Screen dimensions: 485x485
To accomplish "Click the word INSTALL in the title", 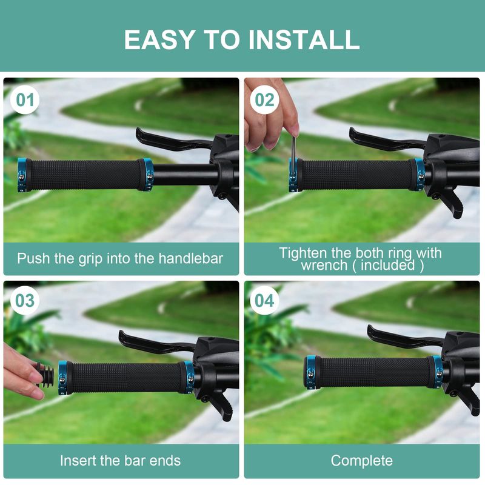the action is (304, 39).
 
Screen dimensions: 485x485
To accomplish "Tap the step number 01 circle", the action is (25, 99).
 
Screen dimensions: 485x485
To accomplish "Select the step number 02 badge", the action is (264, 99).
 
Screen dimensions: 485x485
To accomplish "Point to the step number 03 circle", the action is (25, 300).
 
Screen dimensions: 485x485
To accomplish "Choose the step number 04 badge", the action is (264, 300).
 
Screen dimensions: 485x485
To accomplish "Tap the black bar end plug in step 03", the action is (45, 375).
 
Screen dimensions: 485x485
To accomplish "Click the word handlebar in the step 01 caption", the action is (190, 259).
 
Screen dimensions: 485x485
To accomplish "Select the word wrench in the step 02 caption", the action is (324, 265).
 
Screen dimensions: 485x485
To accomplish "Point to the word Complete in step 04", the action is (361, 461).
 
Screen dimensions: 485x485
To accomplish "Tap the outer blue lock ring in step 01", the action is (22, 175).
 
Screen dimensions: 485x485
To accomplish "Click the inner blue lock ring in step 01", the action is (148, 175).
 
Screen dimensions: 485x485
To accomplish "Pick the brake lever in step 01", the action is (173, 140).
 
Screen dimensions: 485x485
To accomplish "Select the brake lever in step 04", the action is (405, 337).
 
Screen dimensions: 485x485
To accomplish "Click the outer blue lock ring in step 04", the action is (310, 373).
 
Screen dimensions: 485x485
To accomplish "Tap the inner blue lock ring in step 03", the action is (189, 377).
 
